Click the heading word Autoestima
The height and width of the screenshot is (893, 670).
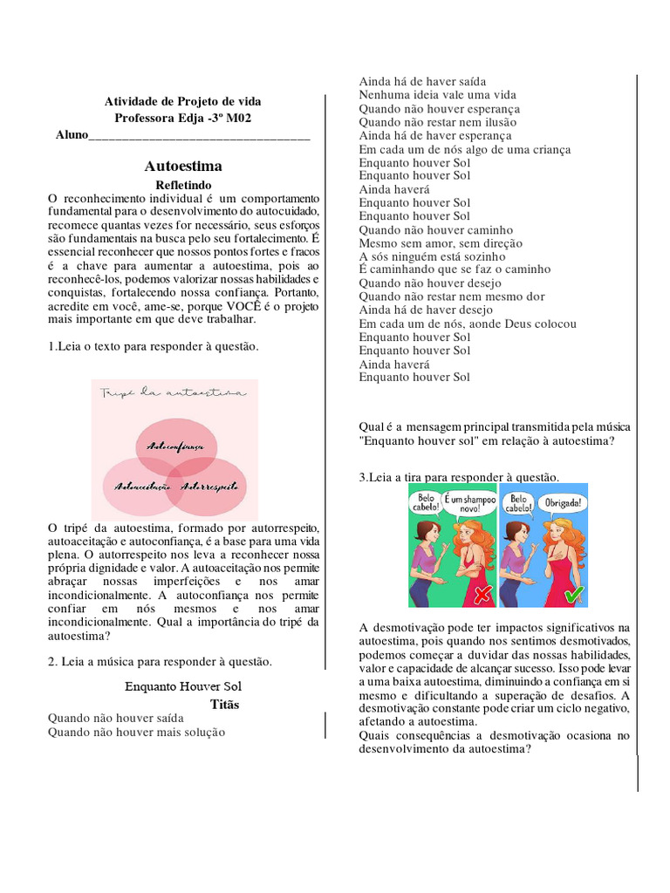[183, 166]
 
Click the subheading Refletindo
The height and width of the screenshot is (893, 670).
[183, 185]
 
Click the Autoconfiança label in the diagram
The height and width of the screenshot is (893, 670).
[175, 446]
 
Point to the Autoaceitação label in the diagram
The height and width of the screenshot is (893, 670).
[136, 485]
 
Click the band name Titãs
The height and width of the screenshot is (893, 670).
[224, 704]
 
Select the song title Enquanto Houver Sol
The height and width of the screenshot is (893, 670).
[183, 685]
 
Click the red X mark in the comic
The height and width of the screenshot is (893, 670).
[481, 594]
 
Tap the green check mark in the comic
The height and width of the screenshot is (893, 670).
[571, 594]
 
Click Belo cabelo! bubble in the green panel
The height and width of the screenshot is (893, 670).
[424, 501]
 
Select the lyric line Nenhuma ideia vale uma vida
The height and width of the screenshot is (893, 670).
[437, 95]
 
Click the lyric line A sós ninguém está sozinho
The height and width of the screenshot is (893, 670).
[432, 257]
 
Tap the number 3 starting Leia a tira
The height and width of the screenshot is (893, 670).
[362, 477]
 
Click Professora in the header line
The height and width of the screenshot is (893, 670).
[146, 118]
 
